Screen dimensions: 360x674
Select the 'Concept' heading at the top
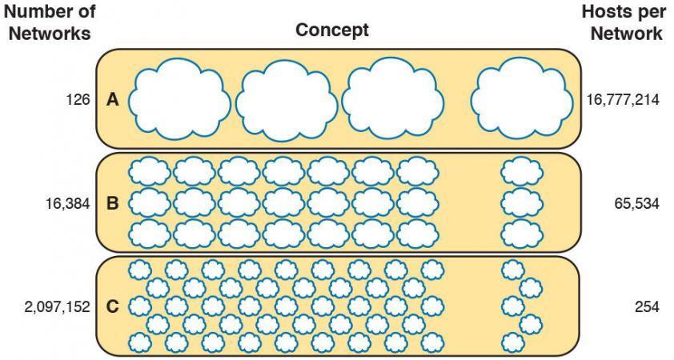click(x=332, y=30)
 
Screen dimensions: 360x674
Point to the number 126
click(x=78, y=100)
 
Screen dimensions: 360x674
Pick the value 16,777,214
click(x=623, y=100)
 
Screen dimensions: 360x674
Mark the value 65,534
click(x=632, y=203)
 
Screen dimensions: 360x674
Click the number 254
click(x=644, y=306)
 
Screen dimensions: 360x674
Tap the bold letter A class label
click(x=113, y=100)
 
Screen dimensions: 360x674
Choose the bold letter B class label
click(x=113, y=203)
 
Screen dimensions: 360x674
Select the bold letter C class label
click(x=113, y=306)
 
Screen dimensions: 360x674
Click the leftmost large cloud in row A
click(x=179, y=100)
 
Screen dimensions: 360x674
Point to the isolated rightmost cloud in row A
click(x=522, y=98)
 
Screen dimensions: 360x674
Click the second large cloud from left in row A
click(x=285, y=100)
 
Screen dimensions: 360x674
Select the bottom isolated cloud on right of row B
click(x=522, y=233)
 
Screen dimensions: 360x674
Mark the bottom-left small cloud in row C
click(x=140, y=342)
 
